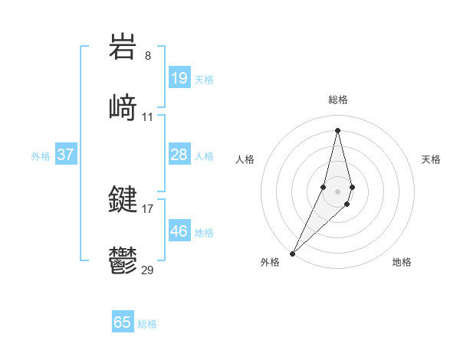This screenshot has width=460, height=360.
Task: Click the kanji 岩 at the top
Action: (123, 47)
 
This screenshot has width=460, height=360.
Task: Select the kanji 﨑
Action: (123, 107)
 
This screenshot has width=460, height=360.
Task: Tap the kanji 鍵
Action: (123, 200)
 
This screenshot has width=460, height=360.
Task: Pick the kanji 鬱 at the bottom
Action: (123, 260)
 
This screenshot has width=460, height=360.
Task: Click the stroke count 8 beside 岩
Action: (148, 55)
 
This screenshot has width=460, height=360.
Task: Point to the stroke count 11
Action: (148, 116)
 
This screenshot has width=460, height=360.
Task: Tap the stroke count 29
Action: (148, 270)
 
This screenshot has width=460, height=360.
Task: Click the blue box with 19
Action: (179, 78)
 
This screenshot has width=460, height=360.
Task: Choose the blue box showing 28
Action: (179, 155)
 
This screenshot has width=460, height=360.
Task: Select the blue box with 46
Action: (179, 231)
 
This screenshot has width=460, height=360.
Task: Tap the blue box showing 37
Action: (66, 155)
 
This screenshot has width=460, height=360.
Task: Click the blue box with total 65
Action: (123, 322)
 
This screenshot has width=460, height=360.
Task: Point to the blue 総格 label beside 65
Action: (147, 324)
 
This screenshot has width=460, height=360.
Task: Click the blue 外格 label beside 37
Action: (41, 156)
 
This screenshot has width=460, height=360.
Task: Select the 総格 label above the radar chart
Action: (337, 100)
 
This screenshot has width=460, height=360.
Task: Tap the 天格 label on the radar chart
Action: (431, 159)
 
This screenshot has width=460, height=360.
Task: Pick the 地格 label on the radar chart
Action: (402, 262)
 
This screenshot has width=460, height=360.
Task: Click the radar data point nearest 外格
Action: (292, 253)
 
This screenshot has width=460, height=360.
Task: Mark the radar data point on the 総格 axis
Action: (337, 129)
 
